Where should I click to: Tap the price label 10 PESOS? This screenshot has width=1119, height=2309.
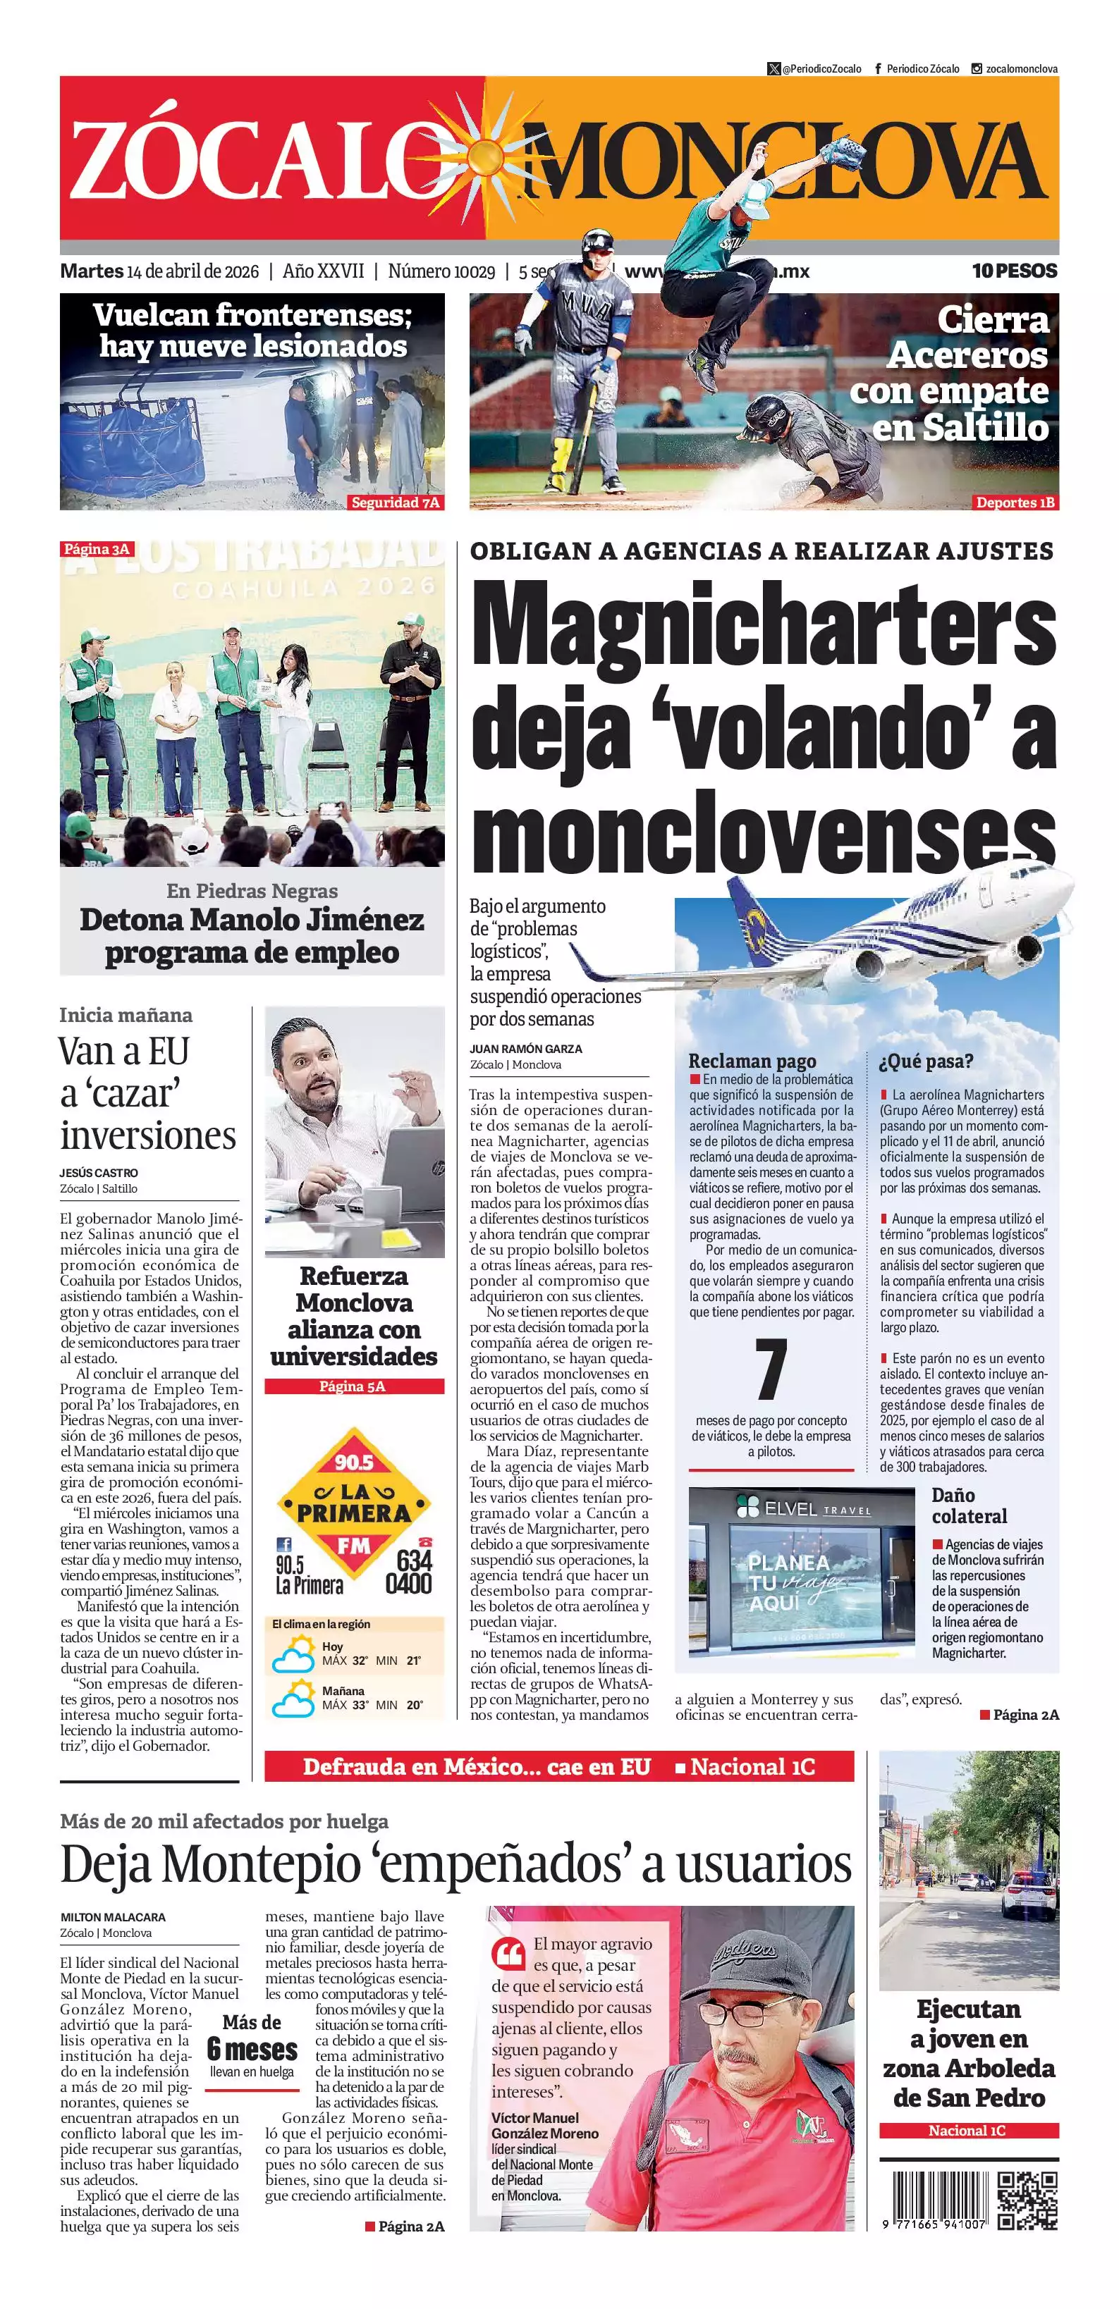click(x=1014, y=271)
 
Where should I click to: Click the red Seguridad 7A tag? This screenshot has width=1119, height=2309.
click(x=396, y=502)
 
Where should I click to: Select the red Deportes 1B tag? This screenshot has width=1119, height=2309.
click(x=1015, y=502)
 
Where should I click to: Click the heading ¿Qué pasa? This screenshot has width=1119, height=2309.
click(x=927, y=1061)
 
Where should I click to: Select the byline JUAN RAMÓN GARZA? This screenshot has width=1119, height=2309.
click(x=525, y=1049)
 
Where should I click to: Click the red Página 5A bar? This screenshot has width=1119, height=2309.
click(x=353, y=1386)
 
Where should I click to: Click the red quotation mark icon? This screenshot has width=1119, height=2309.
click(x=508, y=1952)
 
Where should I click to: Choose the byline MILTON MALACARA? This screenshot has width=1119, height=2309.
click(x=113, y=1917)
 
